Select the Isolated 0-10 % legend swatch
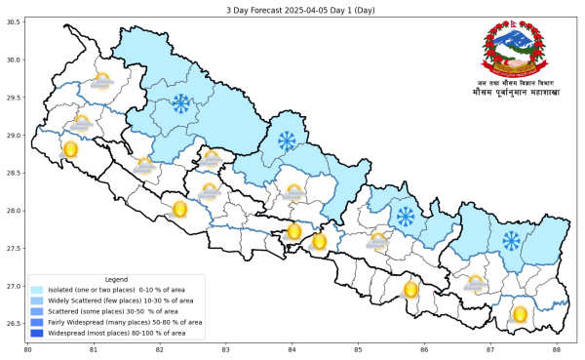37,290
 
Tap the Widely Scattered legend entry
117,300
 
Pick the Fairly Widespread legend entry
117,322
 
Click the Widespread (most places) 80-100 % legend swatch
37,333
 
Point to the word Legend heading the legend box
116,279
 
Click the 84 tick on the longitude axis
292,350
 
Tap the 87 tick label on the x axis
490,350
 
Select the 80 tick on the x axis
27,350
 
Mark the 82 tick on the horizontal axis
160,350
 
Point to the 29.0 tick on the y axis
16,136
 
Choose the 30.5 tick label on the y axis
16,22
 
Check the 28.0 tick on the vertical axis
16,211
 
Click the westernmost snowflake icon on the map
180,103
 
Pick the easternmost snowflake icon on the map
511,240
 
